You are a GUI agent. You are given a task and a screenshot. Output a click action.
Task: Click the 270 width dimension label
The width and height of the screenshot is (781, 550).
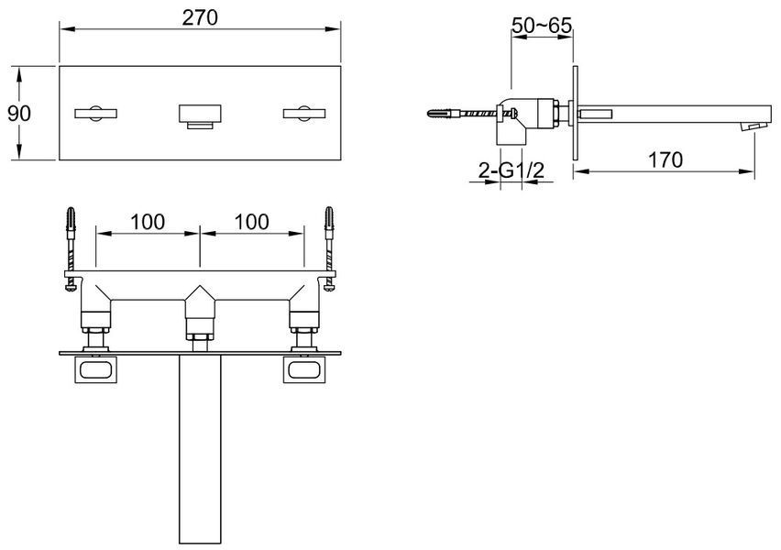click(x=200, y=18)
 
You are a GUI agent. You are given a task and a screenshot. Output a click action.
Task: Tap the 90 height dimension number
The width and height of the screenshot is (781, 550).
click(x=19, y=114)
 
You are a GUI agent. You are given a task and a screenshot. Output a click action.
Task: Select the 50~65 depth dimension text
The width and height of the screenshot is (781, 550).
click(x=542, y=26)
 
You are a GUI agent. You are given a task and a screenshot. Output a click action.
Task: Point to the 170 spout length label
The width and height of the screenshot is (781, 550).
click(x=665, y=160)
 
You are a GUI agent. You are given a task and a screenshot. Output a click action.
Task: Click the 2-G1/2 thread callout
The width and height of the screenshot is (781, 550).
click(x=511, y=170)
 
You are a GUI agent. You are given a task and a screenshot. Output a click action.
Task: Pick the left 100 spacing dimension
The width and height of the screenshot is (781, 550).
click(x=148, y=222)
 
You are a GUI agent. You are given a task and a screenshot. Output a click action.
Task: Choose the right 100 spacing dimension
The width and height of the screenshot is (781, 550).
click(x=251, y=222)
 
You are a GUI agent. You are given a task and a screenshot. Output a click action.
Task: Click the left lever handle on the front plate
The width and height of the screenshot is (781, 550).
click(x=95, y=114)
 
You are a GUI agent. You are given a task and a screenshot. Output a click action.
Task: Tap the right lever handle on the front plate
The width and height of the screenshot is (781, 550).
click(x=304, y=114)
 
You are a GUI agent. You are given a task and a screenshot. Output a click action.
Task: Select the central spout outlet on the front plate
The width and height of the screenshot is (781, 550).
click(x=200, y=117)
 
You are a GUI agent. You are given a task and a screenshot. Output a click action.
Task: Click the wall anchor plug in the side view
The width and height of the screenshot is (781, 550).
click(x=443, y=114)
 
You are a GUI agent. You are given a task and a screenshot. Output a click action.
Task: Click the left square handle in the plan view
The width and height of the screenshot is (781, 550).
click(x=95, y=369)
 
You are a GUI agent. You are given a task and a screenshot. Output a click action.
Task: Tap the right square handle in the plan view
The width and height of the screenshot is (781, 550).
click(x=304, y=369)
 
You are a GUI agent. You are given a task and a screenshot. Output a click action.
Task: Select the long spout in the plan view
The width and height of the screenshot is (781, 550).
click(x=200, y=449)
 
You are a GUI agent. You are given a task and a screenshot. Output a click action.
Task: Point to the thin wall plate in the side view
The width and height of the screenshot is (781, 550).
click(x=576, y=113)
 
